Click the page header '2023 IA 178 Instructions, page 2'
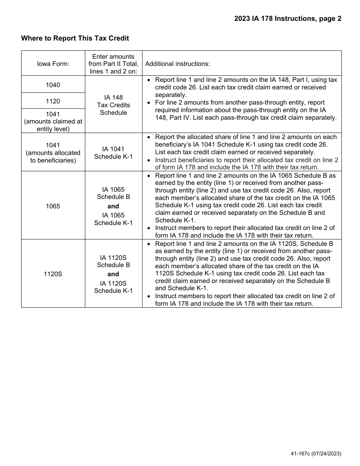click(x=288, y=19)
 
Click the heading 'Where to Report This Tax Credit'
click(x=75, y=38)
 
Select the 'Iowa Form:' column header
click(x=53, y=64)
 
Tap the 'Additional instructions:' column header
click(x=177, y=64)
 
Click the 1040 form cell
click(x=53, y=85)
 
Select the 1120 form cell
click(x=53, y=101)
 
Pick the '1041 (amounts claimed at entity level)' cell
click(x=53, y=121)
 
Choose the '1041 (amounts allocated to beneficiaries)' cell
click(x=53, y=153)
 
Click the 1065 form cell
click(x=53, y=206)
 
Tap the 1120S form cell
click(x=53, y=274)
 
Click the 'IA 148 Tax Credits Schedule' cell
click(x=113, y=105)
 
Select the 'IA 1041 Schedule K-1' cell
click(x=113, y=153)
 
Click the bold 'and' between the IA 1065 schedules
click(x=113, y=206)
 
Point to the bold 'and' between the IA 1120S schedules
click(x=113, y=274)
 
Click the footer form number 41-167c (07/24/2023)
click(x=316, y=453)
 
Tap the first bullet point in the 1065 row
click(x=149, y=176)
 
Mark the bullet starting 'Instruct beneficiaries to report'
click(x=149, y=160)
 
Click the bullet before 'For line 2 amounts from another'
click(x=149, y=103)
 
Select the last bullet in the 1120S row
click(x=149, y=296)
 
